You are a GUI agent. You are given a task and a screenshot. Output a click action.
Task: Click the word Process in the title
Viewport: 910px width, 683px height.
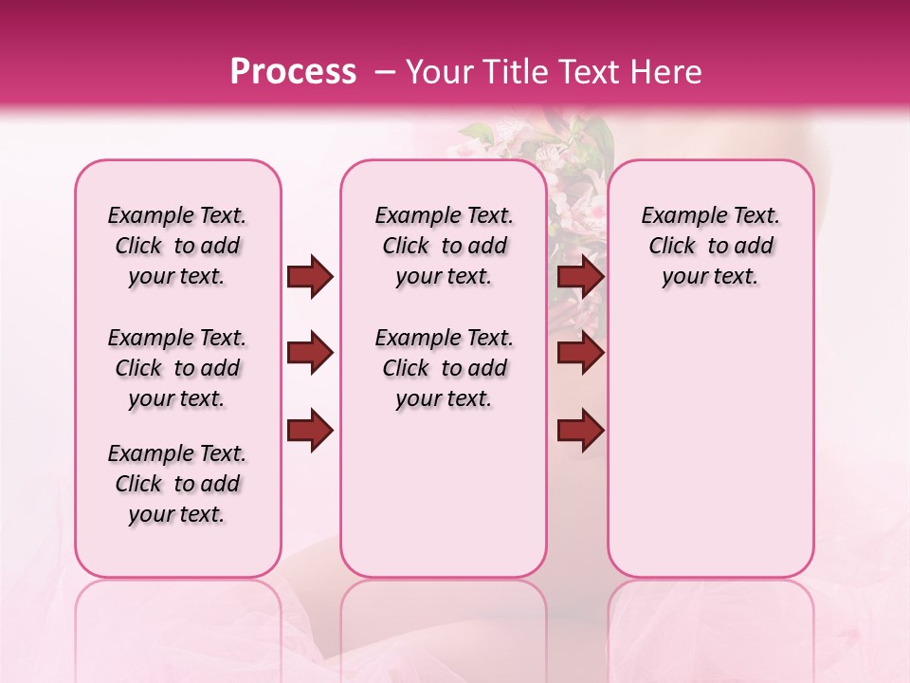pyautogui.click(x=293, y=71)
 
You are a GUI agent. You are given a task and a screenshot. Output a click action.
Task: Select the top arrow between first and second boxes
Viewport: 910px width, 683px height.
pyautogui.click(x=310, y=277)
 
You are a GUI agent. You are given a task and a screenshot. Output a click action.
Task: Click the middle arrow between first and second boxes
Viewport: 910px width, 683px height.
pyautogui.click(x=310, y=354)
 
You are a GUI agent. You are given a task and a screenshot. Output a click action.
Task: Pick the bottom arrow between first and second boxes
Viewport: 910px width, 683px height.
pyautogui.click(x=310, y=430)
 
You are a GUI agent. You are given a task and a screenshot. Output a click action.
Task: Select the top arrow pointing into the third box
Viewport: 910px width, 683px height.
pyautogui.click(x=580, y=277)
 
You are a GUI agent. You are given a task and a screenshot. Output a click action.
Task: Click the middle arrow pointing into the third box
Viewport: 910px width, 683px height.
pyautogui.click(x=580, y=354)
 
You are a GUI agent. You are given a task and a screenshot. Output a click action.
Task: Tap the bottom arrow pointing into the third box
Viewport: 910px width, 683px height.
pyautogui.click(x=580, y=430)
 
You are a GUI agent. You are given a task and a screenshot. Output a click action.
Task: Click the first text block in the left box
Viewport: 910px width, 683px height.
pyautogui.click(x=177, y=246)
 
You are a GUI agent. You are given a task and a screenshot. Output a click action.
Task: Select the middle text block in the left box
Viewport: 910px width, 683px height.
pyautogui.click(x=177, y=368)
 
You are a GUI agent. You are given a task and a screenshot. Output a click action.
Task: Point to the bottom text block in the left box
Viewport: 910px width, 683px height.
pyautogui.click(x=177, y=484)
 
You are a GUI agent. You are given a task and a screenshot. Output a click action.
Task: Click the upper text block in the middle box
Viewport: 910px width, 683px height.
pyautogui.click(x=444, y=246)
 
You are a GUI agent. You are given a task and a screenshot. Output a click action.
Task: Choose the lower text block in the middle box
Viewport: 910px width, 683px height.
pyautogui.click(x=444, y=368)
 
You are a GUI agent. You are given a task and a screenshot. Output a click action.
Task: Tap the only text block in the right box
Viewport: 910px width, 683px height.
pyautogui.click(x=711, y=246)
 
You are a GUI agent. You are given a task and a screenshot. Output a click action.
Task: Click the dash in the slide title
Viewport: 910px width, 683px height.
pyautogui.click(x=385, y=71)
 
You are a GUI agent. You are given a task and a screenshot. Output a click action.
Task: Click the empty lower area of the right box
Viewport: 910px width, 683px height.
pyautogui.click(x=711, y=455)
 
